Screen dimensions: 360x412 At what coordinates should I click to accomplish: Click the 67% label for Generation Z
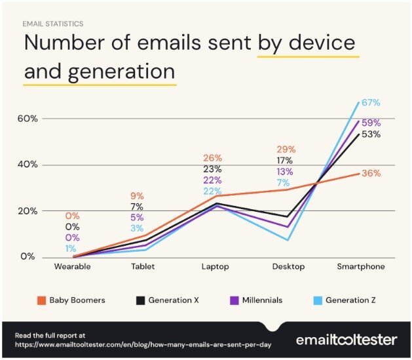click(x=371, y=103)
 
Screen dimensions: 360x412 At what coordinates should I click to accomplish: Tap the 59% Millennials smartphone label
click(x=371, y=123)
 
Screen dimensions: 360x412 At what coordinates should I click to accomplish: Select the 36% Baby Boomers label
click(x=371, y=173)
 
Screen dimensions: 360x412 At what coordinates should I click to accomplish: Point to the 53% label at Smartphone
click(x=371, y=134)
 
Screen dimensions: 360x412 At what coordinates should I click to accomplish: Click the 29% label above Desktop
click(x=286, y=150)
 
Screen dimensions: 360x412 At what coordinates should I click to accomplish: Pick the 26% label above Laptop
click(x=213, y=158)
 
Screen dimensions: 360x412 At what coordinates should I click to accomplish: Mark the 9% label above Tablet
click(x=138, y=195)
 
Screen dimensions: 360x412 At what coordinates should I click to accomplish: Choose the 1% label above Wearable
click(x=71, y=249)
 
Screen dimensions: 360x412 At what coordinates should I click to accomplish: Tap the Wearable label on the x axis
click(x=72, y=267)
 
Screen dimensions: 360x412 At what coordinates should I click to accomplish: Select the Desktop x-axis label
click(x=288, y=267)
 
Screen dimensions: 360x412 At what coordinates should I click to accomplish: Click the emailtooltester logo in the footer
click(x=346, y=340)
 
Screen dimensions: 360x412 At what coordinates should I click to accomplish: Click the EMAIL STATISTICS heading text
click(x=53, y=24)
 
